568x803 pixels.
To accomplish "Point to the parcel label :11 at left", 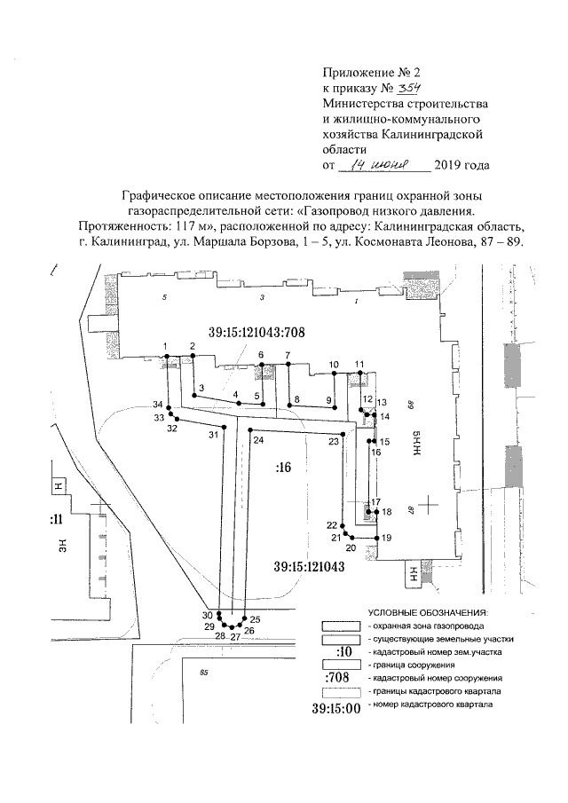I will point(55,520).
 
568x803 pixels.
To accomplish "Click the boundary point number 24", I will point(258,440).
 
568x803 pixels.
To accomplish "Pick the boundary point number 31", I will point(213,435).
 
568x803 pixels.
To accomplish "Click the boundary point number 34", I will point(157,405).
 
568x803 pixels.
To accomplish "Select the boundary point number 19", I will point(387,539).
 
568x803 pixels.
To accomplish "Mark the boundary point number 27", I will point(235,636).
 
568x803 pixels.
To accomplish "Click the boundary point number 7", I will point(288,355).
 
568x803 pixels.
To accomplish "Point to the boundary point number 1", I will point(166,345).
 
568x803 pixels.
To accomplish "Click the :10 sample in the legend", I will point(336,652).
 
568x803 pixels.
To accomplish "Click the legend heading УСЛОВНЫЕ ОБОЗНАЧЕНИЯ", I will point(428,613).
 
